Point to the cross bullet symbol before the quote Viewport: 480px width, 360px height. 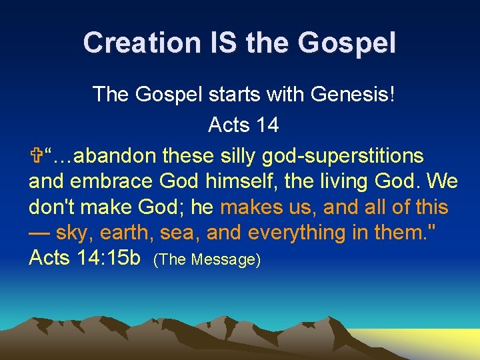click(x=35, y=156)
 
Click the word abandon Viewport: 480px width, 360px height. click(x=117, y=156)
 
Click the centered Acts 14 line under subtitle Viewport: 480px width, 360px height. click(x=243, y=125)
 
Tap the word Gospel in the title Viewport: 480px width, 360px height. click(x=347, y=43)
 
